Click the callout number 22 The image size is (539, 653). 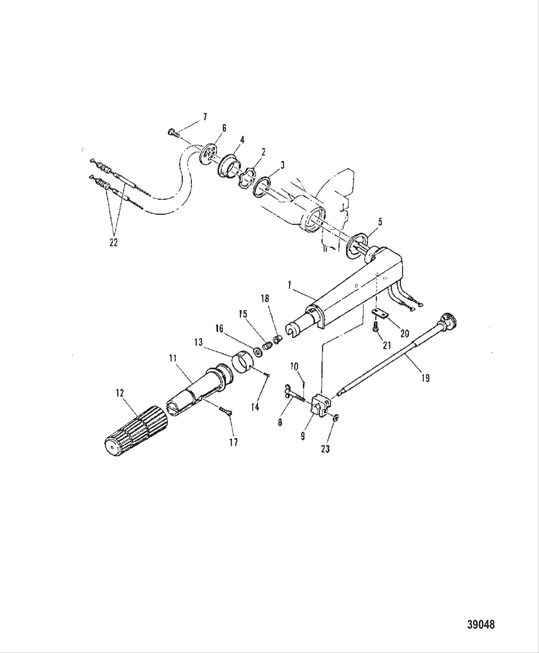pos(113,243)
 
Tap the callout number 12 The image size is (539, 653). pos(120,394)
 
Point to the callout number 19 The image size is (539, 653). pos(425,378)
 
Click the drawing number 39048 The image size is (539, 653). pos(481,625)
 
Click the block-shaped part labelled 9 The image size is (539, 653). pos(319,407)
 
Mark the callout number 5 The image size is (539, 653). pos(380,223)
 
